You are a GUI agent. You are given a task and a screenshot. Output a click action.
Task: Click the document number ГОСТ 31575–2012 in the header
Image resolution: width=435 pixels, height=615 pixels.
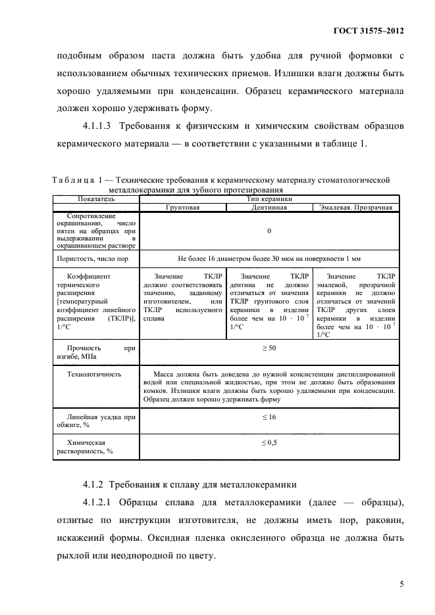pos(369,31)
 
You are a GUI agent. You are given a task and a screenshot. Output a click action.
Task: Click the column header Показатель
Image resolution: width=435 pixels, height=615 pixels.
pos(96,198)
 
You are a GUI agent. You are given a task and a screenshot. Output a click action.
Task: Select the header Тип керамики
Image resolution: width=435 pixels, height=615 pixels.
pos(269,198)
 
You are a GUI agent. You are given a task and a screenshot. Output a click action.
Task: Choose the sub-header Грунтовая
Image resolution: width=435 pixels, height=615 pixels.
pos(182,207)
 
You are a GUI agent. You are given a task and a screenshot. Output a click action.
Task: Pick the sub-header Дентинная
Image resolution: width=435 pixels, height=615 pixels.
pos(269,207)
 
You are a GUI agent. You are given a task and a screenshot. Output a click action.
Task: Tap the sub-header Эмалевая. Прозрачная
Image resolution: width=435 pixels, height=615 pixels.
pos(355,207)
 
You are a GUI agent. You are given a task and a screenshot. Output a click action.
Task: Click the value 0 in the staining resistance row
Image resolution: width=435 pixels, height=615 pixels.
pos(269,231)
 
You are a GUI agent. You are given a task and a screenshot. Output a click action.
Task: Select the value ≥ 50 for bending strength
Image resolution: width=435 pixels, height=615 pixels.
pos(269,347)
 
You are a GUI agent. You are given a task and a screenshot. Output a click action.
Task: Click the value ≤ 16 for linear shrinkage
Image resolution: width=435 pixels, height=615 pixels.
pos(269,417)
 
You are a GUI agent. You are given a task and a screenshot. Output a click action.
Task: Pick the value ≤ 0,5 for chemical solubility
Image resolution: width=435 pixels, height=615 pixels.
pos(269,443)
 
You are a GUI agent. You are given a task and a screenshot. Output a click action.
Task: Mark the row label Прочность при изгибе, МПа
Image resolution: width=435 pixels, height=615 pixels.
pos(96,352)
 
